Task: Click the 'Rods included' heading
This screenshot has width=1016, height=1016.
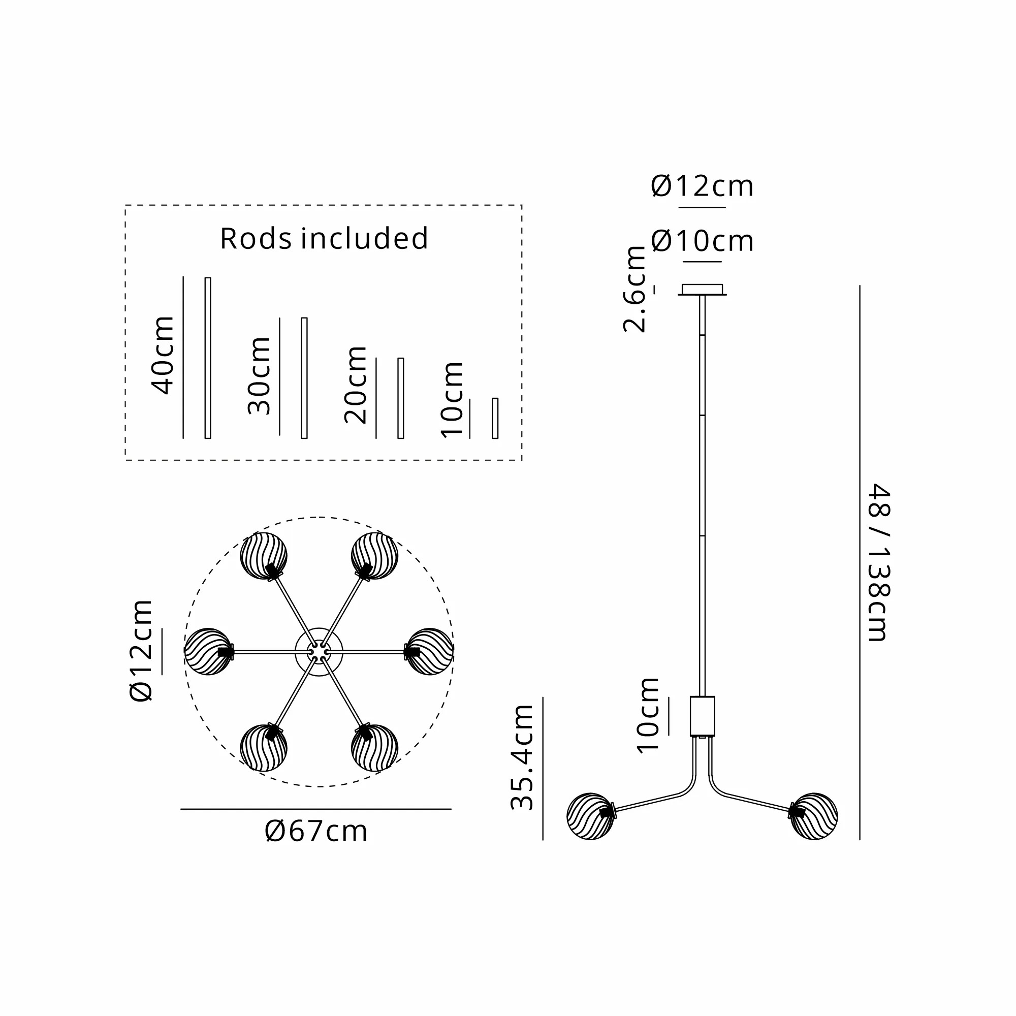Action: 324,239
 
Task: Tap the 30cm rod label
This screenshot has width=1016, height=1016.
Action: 259,376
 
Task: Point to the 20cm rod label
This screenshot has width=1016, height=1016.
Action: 356,386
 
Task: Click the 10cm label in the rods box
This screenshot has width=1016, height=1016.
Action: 452,400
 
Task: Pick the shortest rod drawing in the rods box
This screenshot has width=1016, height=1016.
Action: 495,418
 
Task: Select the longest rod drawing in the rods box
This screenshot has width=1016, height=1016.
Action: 208,358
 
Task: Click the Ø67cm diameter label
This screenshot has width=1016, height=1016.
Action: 316,832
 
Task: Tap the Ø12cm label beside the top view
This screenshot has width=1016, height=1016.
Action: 141,651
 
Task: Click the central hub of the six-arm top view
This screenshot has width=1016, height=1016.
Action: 319,652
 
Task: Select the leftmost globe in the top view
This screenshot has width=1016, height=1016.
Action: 208,652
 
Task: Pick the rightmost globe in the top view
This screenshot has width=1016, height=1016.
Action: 430,652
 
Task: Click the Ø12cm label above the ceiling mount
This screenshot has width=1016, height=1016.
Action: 702,186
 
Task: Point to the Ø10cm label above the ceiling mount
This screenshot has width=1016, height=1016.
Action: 702,241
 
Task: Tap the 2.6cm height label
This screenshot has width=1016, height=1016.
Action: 634,289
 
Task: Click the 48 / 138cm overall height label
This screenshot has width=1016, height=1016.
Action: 878,563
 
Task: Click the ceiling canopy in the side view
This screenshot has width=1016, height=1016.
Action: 702,290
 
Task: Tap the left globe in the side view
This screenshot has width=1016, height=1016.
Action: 590,816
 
